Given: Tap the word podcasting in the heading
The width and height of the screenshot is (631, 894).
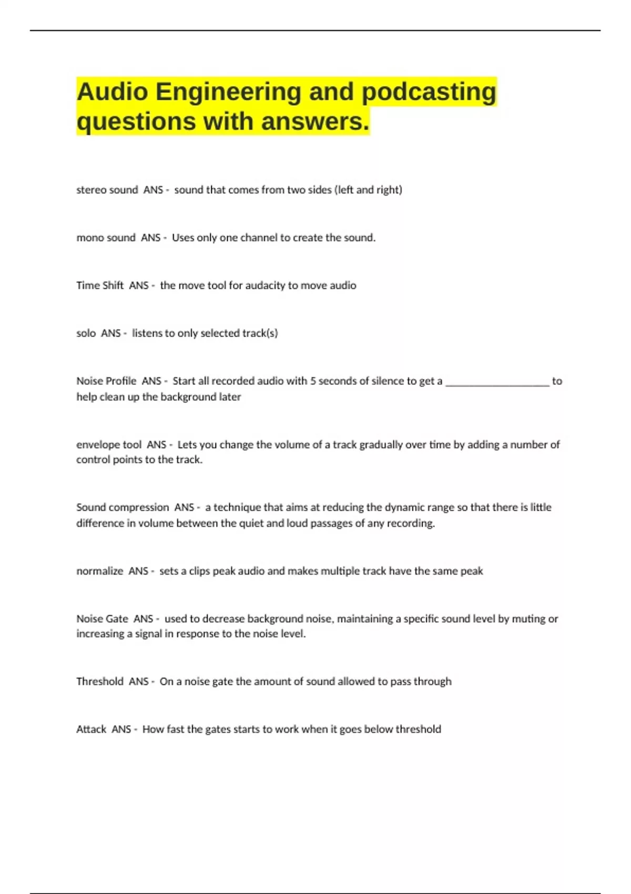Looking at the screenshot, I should pos(429,93).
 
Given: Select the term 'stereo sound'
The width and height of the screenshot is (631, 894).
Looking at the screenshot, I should pos(107,190).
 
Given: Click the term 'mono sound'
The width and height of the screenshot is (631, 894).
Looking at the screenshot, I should pos(106,238).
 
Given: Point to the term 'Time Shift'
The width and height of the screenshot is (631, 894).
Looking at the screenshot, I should pos(100,286).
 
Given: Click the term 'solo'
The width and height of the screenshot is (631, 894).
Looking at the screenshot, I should pos(86,333).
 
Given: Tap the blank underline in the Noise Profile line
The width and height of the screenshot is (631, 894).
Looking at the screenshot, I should pos(497,382).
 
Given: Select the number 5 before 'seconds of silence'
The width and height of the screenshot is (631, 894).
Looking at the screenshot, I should pos(313,381).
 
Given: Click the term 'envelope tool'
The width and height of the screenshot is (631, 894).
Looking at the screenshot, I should pos(109,445).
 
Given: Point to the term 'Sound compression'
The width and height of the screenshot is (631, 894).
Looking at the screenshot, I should pos(123,507).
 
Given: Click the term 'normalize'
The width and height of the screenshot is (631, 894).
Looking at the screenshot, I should pos(99,571).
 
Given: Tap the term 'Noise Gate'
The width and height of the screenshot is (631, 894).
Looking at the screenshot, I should pos(102,619).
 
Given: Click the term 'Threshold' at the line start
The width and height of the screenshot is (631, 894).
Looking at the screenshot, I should pos(99,682).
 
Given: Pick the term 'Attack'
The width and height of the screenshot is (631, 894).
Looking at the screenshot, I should pos(91,729).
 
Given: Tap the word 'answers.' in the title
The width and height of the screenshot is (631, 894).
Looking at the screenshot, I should pos(315,122).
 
